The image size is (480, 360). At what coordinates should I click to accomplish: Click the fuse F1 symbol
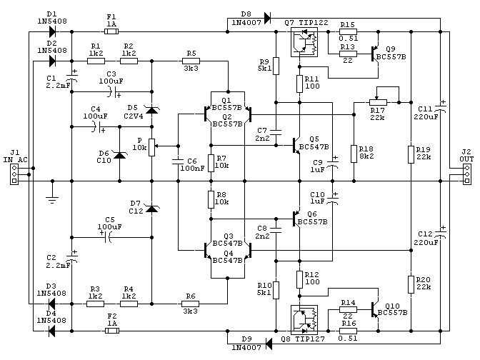(x=111, y=31)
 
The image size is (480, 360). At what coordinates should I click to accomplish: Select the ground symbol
(x=52, y=199)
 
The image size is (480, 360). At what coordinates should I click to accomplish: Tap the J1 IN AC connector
(x=14, y=174)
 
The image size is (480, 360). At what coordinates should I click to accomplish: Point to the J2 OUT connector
(x=467, y=174)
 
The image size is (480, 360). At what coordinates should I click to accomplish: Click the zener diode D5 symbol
(x=152, y=109)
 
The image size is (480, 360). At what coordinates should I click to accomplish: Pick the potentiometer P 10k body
(x=152, y=147)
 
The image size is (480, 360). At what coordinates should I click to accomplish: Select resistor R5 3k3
(x=191, y=61)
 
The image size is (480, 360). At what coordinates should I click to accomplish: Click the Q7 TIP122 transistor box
(x=304, y=42)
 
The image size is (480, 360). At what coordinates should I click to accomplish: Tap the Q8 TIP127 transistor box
(x=304, y=319)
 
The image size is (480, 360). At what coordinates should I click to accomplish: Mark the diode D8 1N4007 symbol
(x=267, y=18)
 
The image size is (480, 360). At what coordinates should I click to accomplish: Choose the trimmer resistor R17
(x=378, y=102)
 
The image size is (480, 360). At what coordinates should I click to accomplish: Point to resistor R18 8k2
(x=354, y=154)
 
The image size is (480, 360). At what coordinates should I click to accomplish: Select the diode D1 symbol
(x=52, y=31)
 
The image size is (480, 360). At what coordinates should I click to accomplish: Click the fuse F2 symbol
(x=111, y=331)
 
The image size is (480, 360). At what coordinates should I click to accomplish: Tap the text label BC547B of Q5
(x=314, y=147)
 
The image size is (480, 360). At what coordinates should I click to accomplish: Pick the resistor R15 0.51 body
(x=348, y=31)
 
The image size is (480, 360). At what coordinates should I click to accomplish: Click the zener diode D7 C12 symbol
(x=152, y=209)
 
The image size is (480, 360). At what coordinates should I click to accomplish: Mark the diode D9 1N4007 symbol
(x=269, y=344)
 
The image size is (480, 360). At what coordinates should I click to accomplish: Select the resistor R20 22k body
(x=411, y=284)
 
